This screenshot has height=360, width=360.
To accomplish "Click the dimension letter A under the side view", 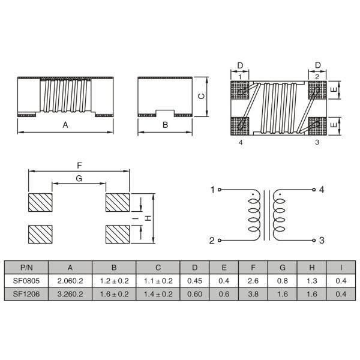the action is pos(65,125).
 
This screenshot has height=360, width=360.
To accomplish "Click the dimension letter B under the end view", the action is pos(166,125).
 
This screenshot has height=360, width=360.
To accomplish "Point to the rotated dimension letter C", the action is pos(202,96).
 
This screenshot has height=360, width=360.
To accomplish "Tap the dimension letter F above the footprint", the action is pos(79,166).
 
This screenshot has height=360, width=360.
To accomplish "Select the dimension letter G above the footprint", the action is pos(79,178).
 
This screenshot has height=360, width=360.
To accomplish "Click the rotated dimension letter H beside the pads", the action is pos(149,218).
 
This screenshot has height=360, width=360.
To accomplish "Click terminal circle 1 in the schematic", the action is pos(219,190).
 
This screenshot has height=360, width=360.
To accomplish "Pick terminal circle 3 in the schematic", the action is pos(314,241).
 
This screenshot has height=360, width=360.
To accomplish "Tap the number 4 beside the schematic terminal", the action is pos(322,190).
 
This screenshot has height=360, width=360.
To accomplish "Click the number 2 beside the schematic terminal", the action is pos(212,241).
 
